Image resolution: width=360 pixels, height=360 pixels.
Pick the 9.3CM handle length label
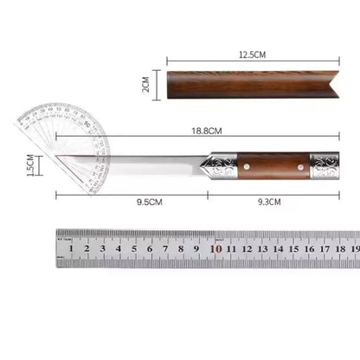271,202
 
